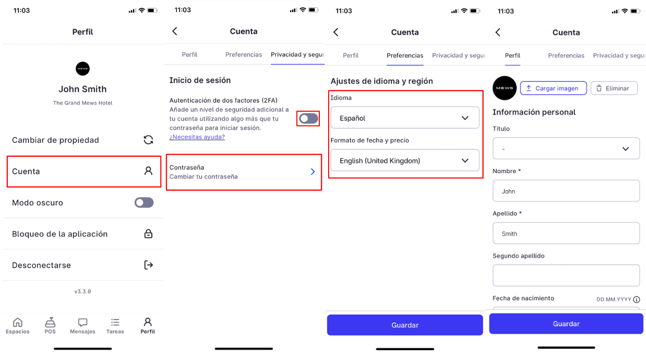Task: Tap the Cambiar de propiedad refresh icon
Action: (x=148, y=140)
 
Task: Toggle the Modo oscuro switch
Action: (x=144, y=202)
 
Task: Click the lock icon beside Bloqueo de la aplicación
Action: (x=148, y=234)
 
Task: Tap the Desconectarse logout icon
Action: (x=148, y=265)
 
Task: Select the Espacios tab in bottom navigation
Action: (x=18, y=326)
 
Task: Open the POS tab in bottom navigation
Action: (x=50, y=326)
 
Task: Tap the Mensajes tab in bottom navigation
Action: (x=82, y=326)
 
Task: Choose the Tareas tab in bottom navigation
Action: (x=115, y=326)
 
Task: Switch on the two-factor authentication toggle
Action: (x=308, y=119)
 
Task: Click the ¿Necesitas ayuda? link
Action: (x=197, y=137)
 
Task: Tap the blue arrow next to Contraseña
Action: (x=313, y=172)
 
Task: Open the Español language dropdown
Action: (x=405, y=118)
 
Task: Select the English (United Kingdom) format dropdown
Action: (x=405, y=160)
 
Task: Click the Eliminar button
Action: (x=614, y=88)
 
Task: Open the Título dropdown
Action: (x=566, y=149)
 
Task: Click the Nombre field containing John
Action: (x=566, y=191)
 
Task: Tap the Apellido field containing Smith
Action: (x=566, y=233)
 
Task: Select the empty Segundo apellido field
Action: (x=566, y=276)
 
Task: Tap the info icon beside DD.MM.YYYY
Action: (x=636, y=300)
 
